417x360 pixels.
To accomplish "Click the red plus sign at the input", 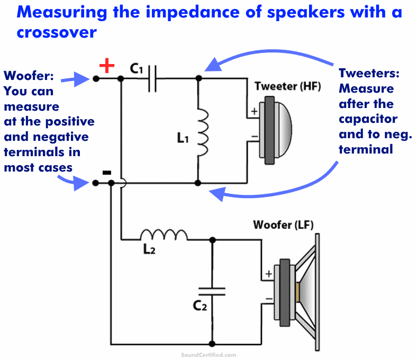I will click(107, 66).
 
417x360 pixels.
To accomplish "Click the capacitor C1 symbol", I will click(152, 79).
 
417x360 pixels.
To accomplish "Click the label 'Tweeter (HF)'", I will click(288, 86).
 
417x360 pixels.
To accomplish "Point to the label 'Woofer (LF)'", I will click(283, 224).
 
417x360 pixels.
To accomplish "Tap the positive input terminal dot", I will click(96, 79).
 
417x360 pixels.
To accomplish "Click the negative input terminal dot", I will click(96, 183).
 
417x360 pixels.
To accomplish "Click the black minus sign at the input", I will click(106, 173).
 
